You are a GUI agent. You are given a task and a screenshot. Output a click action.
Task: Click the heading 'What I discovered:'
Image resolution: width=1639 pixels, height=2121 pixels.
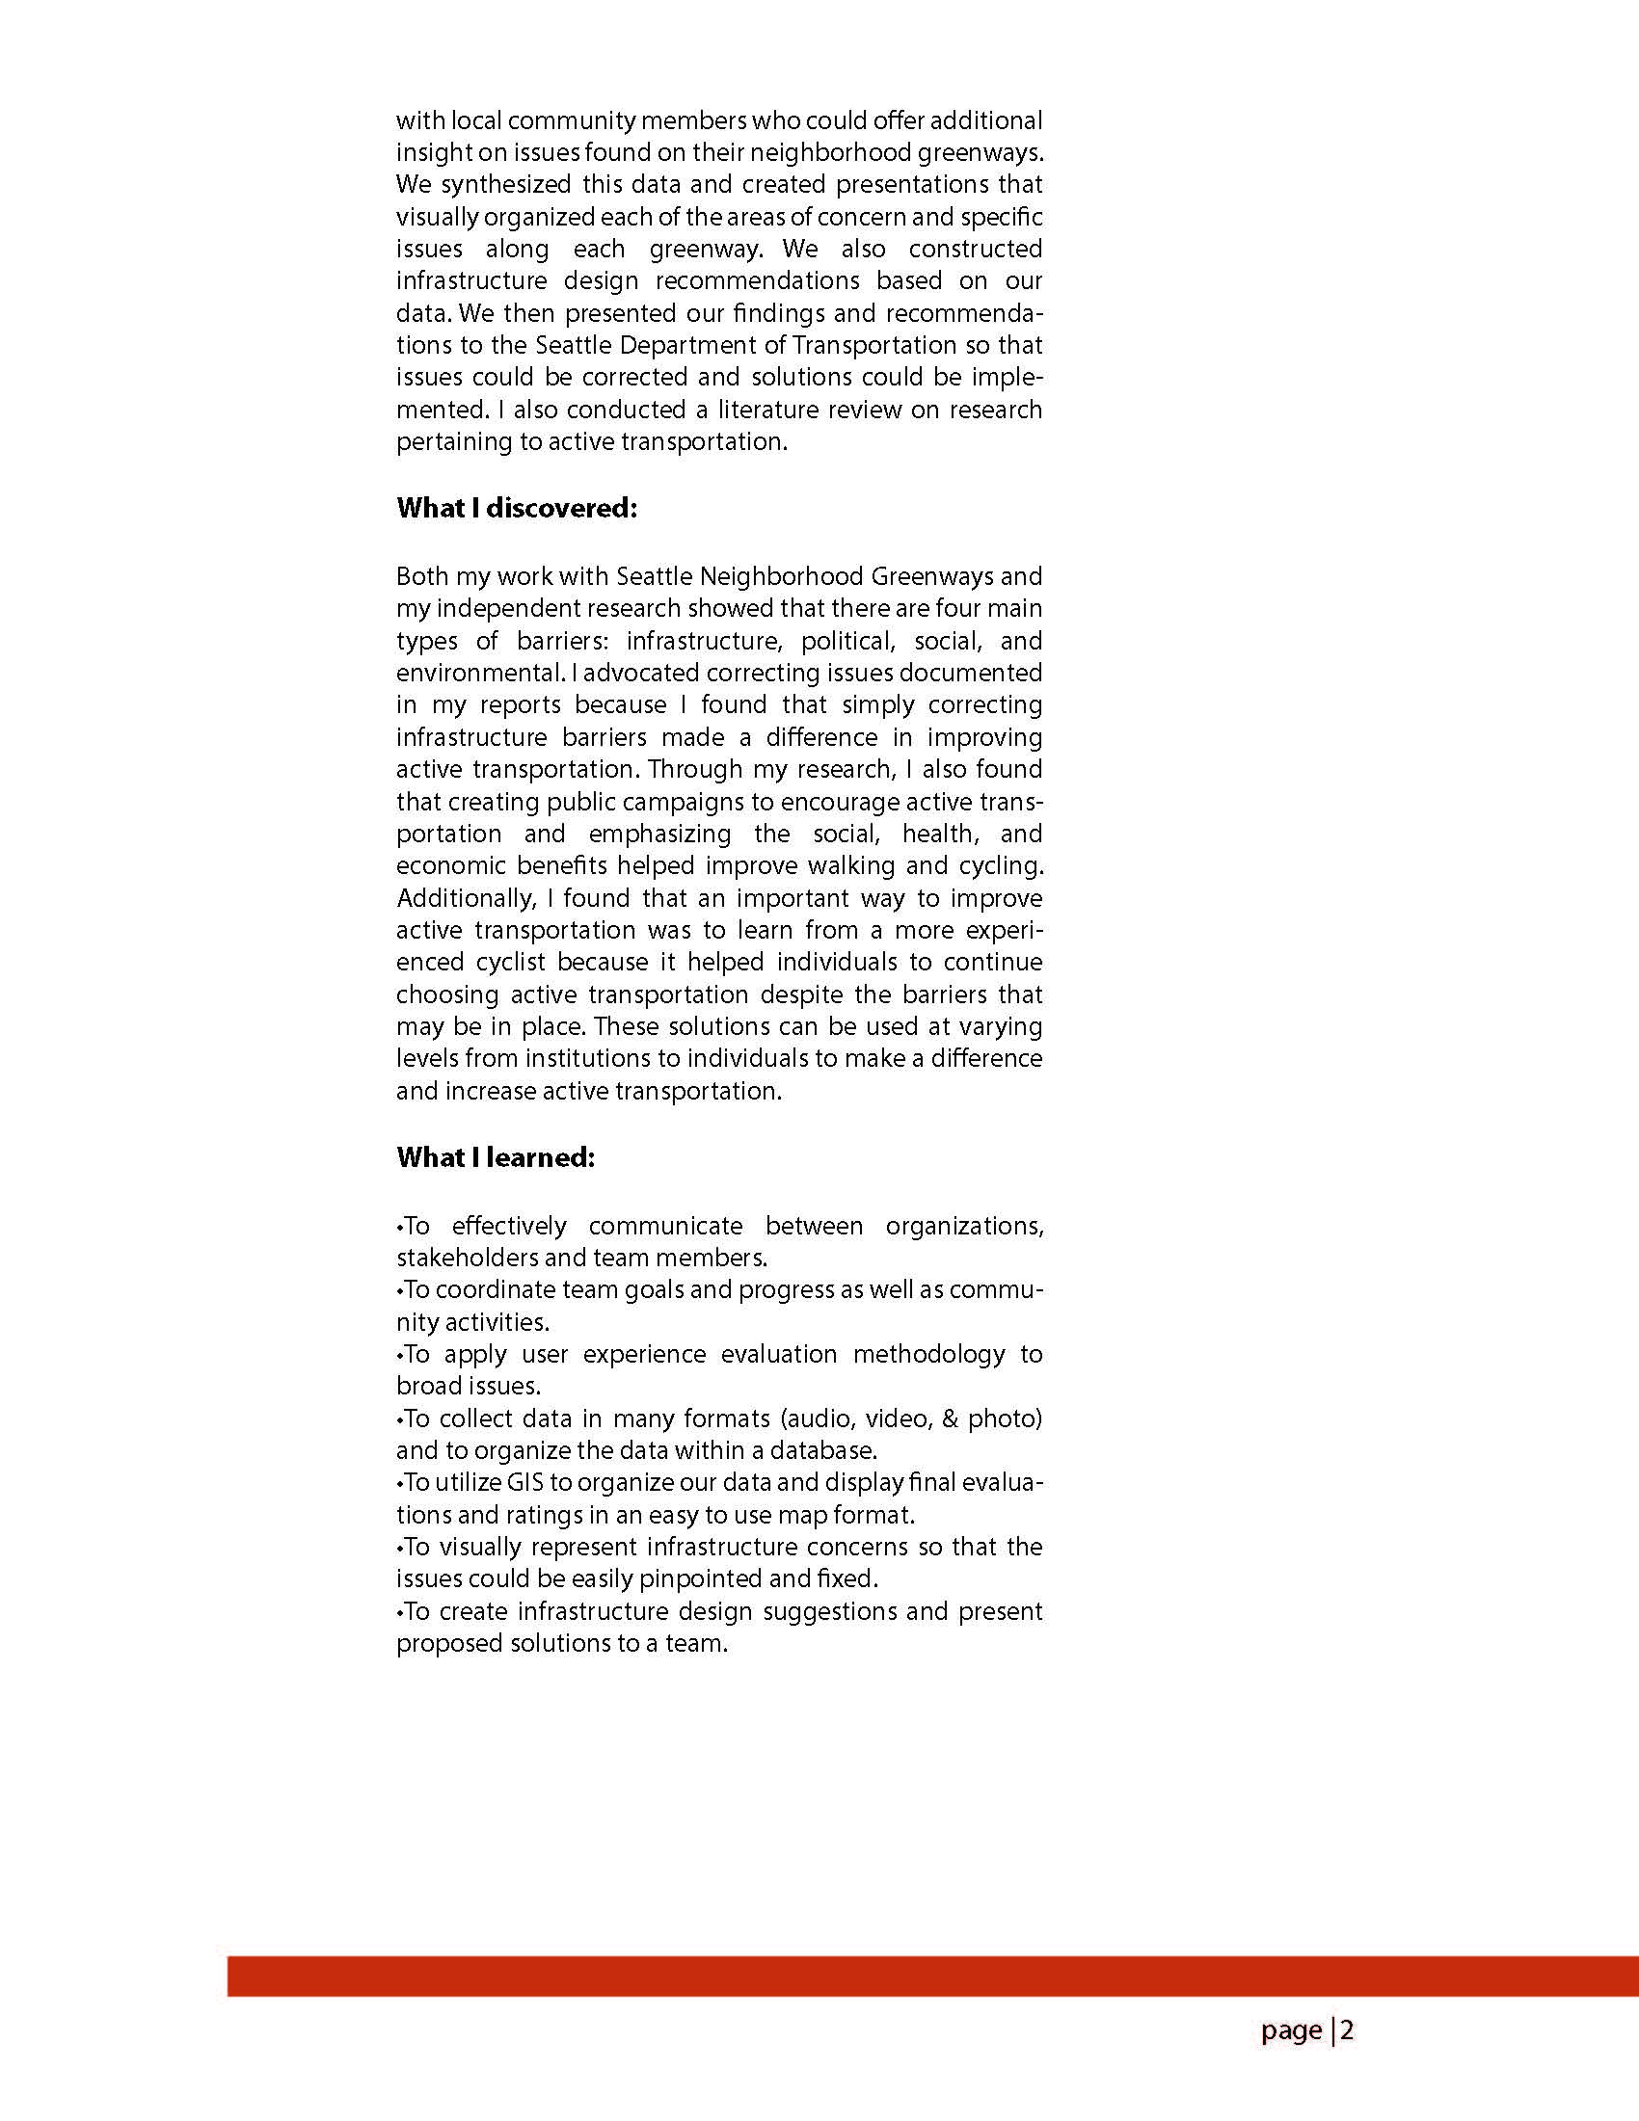pyautogui.click(x=516, y=509)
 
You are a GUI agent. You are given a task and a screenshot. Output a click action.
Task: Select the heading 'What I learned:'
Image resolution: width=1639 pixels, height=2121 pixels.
pyautogui.click(x=495, y=1157)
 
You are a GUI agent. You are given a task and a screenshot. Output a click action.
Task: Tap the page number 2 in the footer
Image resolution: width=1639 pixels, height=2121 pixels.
pyautogui.click(x=1348, y=2030)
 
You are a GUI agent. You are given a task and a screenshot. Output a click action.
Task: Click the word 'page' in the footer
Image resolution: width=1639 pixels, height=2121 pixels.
pyautogui.click(x=1291, y=2031)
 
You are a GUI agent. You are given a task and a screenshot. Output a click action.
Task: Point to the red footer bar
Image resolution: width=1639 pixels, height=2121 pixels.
pyautogui.click(x=932, y=1977)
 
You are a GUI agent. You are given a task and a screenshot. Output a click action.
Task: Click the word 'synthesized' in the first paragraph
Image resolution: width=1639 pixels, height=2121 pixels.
pyautogui.click(x=502, y=184)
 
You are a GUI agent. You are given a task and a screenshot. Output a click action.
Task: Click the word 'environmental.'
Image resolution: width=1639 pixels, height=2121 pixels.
pyautogui.click(x=476, y=673)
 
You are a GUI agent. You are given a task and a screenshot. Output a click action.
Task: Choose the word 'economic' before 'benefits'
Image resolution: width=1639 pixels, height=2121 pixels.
pyautogui.click(x=451, y=866)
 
